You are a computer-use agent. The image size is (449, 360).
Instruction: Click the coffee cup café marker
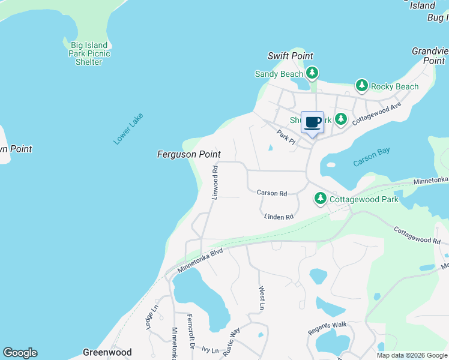(312, 123)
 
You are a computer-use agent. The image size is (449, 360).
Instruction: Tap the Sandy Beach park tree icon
(312, 74)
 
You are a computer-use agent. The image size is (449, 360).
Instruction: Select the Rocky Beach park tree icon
(361, 86)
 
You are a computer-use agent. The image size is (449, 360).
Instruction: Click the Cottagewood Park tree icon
(321, 199)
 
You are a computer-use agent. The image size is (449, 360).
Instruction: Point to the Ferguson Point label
(188, 155)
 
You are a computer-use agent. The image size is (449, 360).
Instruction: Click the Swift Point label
(290, 56)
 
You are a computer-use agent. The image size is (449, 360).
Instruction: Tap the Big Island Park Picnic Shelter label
(89, 53)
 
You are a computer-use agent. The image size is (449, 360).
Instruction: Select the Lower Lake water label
(128, 130)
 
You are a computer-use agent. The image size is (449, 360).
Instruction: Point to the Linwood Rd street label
(214, 183)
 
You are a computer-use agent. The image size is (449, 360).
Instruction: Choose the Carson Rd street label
(272, 193)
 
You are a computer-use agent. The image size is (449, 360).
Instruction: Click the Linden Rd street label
(279, 217)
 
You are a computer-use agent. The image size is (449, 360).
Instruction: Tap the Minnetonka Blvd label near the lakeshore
(201, 261)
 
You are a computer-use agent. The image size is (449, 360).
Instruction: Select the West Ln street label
(261, 298)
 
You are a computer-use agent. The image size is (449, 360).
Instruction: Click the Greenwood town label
(107, 353)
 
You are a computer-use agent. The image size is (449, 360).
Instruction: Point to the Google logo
(20, 353)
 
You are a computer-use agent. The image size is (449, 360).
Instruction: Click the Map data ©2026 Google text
(411, 355)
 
